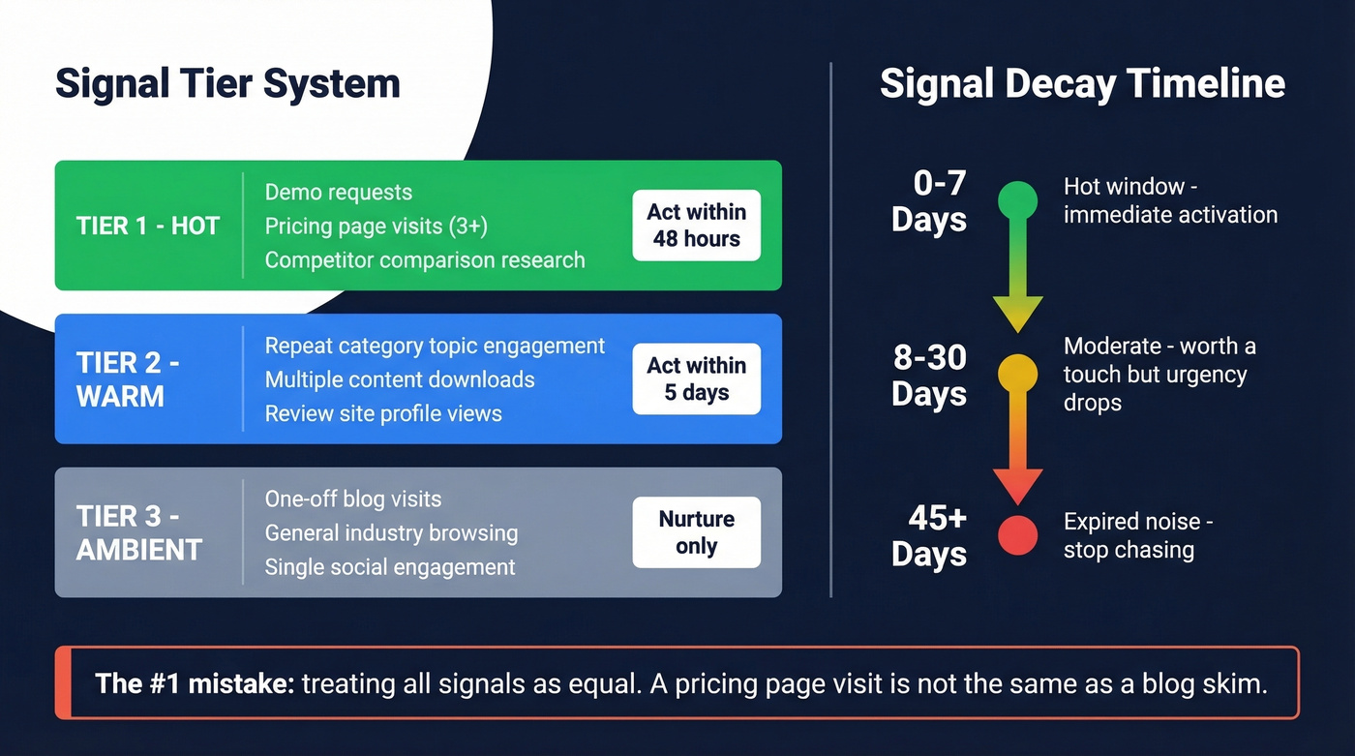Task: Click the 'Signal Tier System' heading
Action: [x=227, y=83]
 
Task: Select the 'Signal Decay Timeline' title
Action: [x=1082, y=83]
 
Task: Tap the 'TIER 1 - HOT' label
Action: [x=148, y=226]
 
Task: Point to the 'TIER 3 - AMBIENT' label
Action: [x=139, y=532]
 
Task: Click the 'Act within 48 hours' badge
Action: [x=696, y=226]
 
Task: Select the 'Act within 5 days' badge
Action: [x=696, y=379]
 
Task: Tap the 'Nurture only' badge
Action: [x=696, y=532]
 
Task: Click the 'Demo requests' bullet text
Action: [x=339, y=193]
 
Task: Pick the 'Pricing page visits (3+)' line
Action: [x=376, y=227]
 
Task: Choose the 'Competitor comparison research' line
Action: [x=425, y=260]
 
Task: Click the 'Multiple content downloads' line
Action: [x=400, y=379]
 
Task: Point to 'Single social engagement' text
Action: [x=390, y=567]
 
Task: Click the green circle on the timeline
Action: [x=1017, y=200]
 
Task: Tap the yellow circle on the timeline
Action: [x=1017, y=374]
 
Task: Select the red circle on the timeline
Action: [x=1017, y=535]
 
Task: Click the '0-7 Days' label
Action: [x=929, y=201]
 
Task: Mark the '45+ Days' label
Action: [x=929, y=536]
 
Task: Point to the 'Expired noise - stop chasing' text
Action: [x=1137, y=536]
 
